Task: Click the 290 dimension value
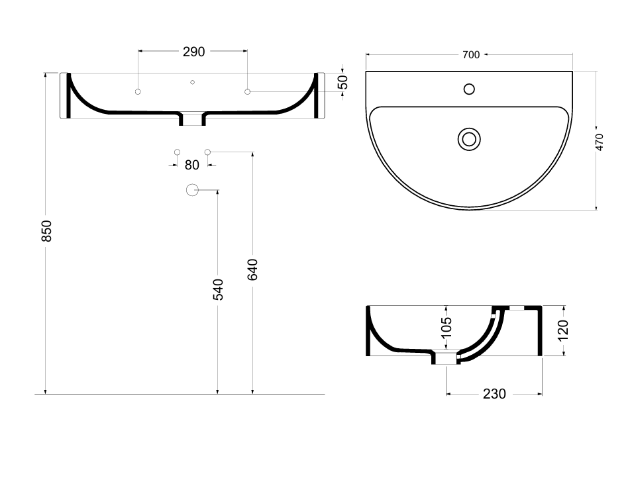point(193,52)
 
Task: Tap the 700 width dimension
point(471,55)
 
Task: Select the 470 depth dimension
point(599,142)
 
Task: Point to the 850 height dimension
point(47,231)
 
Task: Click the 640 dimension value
point(252,269)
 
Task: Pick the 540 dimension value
point(218,289)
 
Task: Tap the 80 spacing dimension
point(192,165)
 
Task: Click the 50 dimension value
point(342,82)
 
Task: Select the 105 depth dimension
point(446,327)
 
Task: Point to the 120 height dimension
point(563,330)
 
